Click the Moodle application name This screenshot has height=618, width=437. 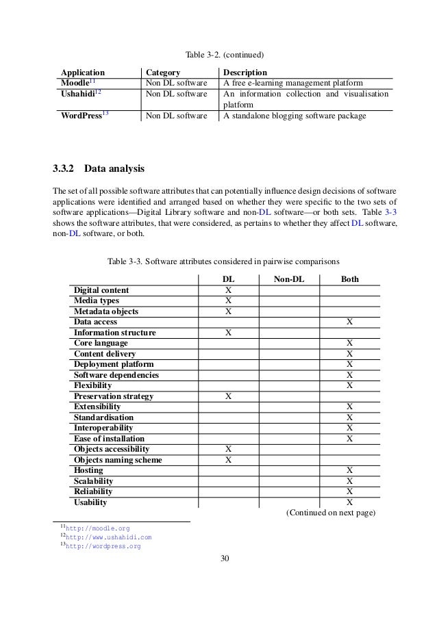(x=77, y=83)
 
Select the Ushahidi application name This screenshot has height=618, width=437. (x=79, y=94)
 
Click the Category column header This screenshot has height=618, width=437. (x=162, y=72)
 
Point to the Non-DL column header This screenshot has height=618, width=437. (x=290, y=279)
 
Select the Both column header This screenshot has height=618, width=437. (x=349, y=279)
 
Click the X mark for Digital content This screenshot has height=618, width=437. (x=228, y=290)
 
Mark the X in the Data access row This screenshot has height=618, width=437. (x=349, y=322)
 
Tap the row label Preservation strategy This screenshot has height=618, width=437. (x=114, y=396)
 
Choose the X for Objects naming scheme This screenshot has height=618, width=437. (x=228, y=460)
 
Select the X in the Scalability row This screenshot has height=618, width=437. (x=349, y=481)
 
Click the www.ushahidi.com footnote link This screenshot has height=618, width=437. (x=108, y=537)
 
